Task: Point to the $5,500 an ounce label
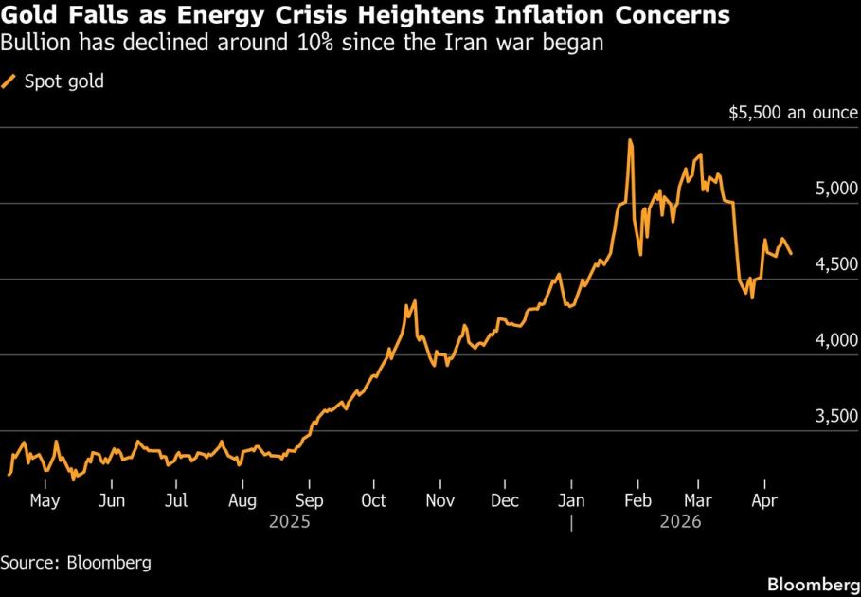794,113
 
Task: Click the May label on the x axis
45,500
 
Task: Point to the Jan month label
571,500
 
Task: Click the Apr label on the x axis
762,500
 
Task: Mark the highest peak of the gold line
630,140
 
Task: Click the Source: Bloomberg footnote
76,562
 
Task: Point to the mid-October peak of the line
413,303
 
